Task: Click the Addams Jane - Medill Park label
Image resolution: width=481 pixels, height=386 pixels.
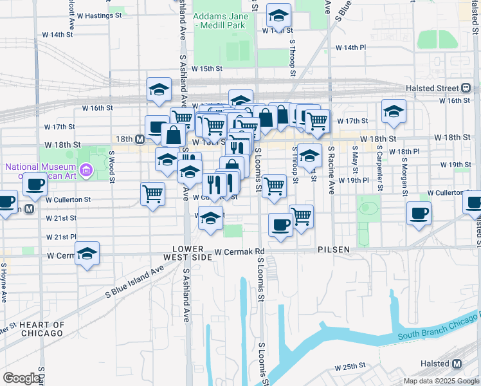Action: [x=223, y=20]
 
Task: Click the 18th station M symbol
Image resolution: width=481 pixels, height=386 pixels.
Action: [x=139, y=138]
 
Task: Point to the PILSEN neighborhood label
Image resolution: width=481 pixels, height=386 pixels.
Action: [x=333, y=249]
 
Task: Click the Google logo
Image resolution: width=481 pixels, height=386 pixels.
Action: [x=22, y=378]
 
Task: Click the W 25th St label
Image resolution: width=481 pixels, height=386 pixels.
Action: [x=350, y=366]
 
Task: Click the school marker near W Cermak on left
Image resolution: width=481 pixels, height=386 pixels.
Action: [x=87, y=253]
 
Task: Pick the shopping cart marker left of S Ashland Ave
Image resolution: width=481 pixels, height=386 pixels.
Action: [x=152, y=193]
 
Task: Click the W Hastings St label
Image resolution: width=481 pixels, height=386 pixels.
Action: [x=100, y=15]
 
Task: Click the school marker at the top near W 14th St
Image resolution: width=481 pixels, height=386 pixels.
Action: [x=278, y=15]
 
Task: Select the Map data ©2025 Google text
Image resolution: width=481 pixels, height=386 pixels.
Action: [x=440, y=381]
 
